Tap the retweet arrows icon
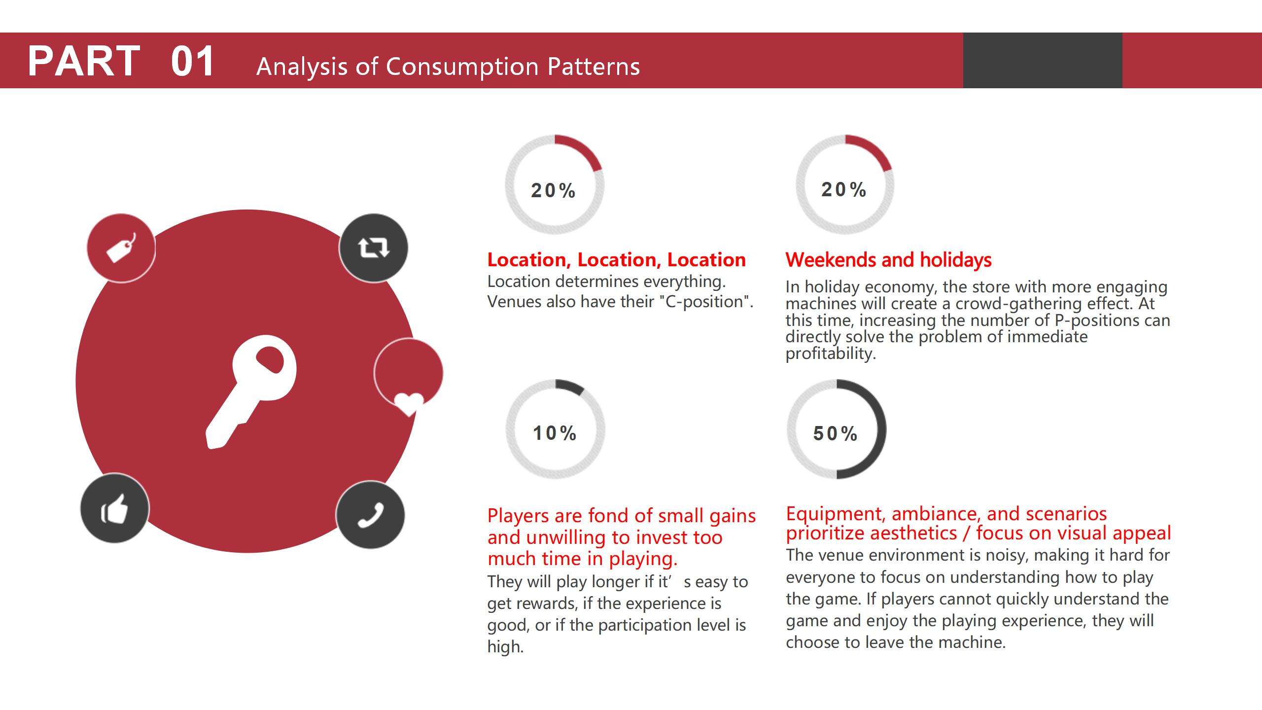click(373, 248)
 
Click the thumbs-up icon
click(114, 509)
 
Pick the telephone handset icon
click(370, 515)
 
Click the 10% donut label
click(555, 433)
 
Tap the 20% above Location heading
click(553, 191)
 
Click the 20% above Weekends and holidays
click(844, 190)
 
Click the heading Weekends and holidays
click(888, 260)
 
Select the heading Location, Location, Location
click(616, 260)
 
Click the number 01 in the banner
click(192, 61)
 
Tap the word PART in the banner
click(84, 61)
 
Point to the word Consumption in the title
click(462, 67)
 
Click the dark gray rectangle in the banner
click(1042, 60)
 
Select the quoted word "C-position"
click(705, 302)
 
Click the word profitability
click(830, 354)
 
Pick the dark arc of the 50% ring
click(880, 429)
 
